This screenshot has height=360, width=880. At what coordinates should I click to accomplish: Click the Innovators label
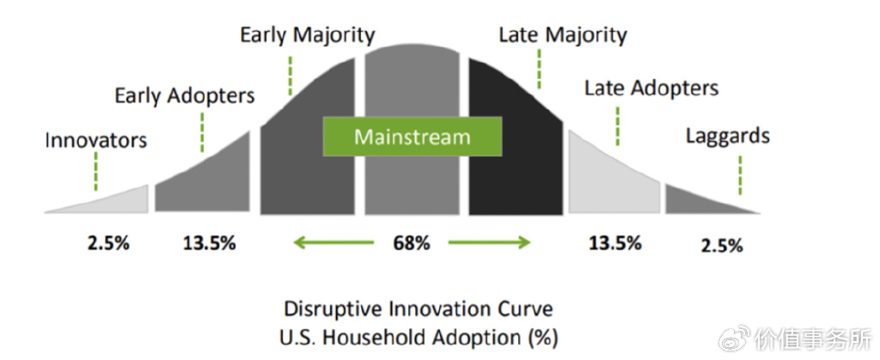coord(96,139)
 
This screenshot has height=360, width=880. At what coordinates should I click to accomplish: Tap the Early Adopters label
coord(185,95)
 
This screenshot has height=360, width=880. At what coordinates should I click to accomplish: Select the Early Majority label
coord(307,35)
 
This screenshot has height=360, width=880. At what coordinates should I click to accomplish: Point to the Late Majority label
coord(563,35)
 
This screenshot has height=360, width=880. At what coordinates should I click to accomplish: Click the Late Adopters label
coord(651,88)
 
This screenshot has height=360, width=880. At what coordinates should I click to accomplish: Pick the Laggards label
coord(727,136)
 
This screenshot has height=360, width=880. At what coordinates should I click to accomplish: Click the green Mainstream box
coord(412,137)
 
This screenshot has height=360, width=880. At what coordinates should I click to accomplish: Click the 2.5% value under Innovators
coord(108,243)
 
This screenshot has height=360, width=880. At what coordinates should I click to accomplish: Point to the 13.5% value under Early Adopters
coord(209,243)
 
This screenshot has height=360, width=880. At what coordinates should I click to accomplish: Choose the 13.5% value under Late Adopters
coord(614,243)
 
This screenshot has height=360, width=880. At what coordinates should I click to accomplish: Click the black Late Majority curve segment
coord(514,172)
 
